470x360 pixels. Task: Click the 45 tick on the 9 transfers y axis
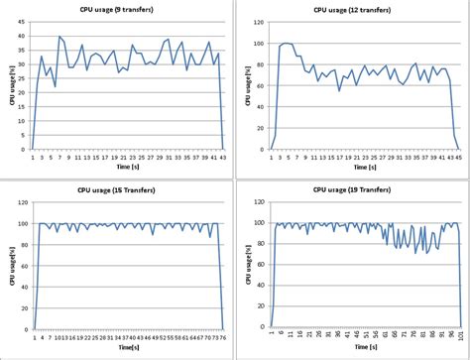point(23,21)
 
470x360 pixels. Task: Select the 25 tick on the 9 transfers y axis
point(23,77)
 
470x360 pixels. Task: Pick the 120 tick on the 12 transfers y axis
point(260,21)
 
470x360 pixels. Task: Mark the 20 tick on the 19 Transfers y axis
point(261,306)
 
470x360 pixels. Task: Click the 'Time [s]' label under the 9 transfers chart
point(126,169)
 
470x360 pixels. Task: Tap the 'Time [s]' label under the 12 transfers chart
point(363,169)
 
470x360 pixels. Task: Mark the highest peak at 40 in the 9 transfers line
point(59,37)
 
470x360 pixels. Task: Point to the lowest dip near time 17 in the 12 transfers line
point(339,90)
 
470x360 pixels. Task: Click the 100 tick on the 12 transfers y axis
point(260,43)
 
